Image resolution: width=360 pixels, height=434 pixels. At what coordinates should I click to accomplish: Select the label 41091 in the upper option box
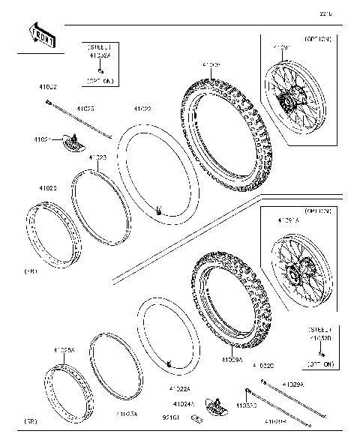tap(280, 49)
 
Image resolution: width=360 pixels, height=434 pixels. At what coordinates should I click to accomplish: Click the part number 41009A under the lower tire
tap(232, 360)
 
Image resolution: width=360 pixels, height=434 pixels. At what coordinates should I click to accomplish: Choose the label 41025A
tap(64, 351)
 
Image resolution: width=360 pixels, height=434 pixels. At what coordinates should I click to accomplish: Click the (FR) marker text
tap(31, 271)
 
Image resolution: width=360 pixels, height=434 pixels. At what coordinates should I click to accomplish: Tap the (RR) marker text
tap(31, 421)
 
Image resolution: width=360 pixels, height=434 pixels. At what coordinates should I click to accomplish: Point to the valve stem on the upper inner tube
tap(160, 210)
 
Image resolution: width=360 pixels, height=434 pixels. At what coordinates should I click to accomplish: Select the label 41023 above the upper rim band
tap(97, 158)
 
